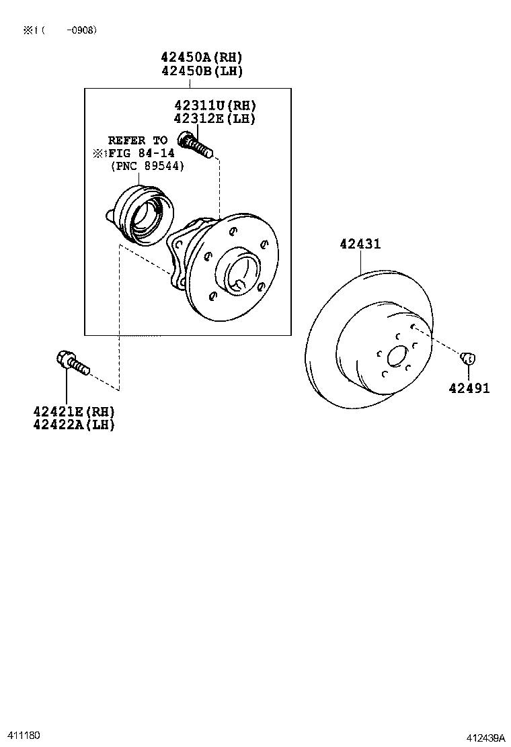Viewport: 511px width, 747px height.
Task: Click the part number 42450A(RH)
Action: point(202,58)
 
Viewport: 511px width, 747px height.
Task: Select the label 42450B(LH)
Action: point(202,71)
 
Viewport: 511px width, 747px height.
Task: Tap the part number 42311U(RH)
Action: point(215,105)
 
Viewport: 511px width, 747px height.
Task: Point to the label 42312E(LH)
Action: point(215,118)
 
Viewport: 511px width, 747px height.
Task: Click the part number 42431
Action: point(360,245)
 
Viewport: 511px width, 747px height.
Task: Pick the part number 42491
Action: point(470,388)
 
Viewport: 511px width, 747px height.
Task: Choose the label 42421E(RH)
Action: point(74,411)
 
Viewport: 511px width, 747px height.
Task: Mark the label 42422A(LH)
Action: point(74,425)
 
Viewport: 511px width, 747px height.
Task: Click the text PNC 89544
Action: point(147,167)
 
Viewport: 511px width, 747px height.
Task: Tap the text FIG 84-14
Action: point(141,154)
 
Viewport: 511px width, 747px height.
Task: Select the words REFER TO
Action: point(137,141)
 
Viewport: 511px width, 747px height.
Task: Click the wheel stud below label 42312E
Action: point(196,144)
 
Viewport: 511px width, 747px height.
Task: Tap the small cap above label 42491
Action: point(469,357)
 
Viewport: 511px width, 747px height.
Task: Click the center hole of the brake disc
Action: point(398,357)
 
